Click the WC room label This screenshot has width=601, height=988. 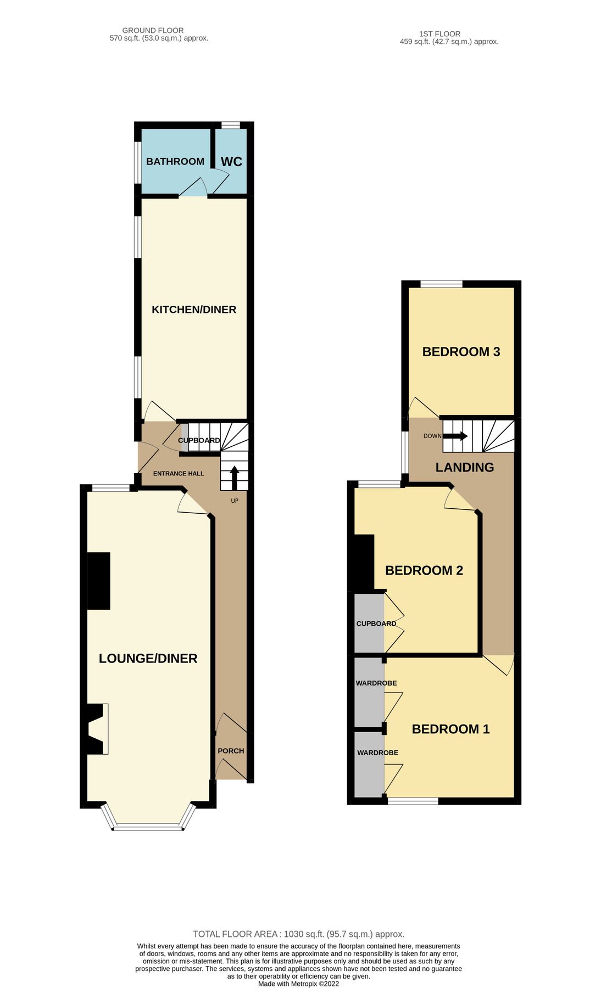point(231,161)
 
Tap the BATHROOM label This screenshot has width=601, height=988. point(175,161)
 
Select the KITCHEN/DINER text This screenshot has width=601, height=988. point(194,310)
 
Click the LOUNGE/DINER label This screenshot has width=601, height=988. point(148,658)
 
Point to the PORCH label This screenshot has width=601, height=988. point(231,750)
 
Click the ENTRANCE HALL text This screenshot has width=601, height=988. point(179,473)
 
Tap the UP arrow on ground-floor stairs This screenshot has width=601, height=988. point(234,477)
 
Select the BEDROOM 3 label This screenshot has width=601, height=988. point(461,352)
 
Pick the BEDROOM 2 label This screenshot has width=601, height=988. point(424,570)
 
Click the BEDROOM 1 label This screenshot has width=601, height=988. point(450,729)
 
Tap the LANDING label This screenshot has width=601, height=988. point(465,467)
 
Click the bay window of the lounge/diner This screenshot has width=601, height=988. point(148,827)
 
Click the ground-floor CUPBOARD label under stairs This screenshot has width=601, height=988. point(199,440)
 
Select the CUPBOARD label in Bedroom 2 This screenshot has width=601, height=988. point(376,624)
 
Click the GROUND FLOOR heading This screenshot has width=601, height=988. point(153,31)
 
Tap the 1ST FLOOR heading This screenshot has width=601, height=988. point(439,34)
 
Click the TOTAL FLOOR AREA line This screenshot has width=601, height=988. point(298,934)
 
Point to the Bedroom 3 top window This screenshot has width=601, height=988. point(441,284)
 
